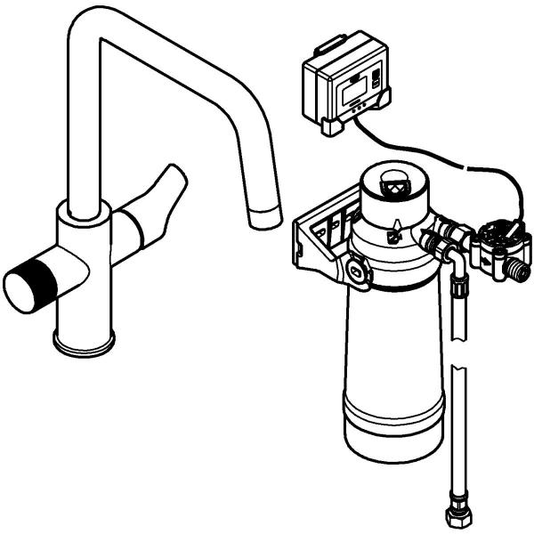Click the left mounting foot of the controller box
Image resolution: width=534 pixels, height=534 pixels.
click(x=332, y=126)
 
